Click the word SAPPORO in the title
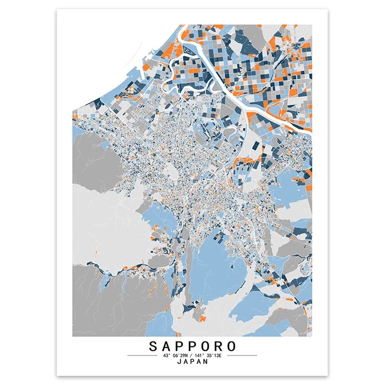(192, 346)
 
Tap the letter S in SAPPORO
(153, 346)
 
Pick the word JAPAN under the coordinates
(192, 362)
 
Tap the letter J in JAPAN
(179, 362)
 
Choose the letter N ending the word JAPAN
(206, 362)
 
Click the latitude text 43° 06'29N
(174, 356)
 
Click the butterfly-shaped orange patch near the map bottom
(204, 318)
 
